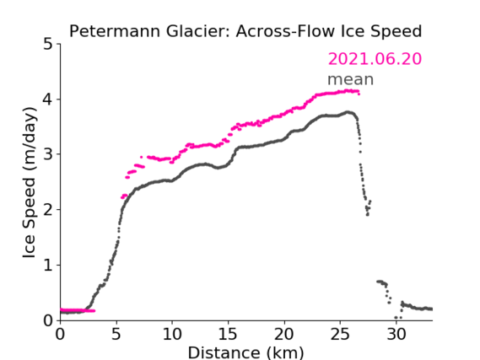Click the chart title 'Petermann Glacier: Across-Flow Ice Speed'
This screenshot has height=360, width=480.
point(245,31)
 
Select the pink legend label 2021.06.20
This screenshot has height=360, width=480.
point(375,59)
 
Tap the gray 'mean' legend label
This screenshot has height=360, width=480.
point(351,79)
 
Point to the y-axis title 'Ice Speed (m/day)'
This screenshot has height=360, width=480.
point(30,183)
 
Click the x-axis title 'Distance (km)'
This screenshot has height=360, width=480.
point(245,352)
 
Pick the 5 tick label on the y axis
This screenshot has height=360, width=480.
point(48,45)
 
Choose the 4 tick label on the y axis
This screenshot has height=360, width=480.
point(48,99)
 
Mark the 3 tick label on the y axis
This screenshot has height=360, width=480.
point(48,155)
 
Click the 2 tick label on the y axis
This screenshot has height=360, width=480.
point(48,210)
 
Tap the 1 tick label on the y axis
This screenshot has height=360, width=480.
point(48,266)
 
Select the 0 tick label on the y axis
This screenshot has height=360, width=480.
point(48,321)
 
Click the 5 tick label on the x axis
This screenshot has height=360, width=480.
point(116,334)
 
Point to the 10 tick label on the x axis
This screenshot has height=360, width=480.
point(172,334)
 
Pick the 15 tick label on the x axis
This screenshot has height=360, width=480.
point(228,334)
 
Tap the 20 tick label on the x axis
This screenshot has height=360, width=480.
point(284,334)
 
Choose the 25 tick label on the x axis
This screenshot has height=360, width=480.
point(340,334)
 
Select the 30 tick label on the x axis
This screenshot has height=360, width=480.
point(396,334)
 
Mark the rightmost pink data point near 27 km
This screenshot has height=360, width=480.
point(359,94)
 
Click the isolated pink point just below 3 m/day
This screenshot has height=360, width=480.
point(141,157)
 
